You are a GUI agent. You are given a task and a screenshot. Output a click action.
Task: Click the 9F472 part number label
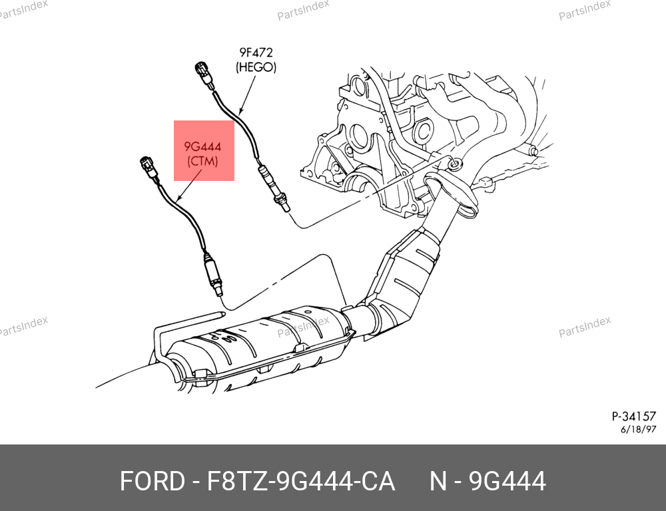coord(256,53)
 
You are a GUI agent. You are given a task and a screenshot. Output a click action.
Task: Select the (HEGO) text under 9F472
coord(256,67)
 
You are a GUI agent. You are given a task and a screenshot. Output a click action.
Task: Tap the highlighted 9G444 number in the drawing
coord(202,147)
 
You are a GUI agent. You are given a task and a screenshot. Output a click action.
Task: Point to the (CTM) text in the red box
coord(202,161)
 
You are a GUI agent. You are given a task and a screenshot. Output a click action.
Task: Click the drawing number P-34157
coord(634,417)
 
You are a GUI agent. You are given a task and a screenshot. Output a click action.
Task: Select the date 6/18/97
coord(639,429)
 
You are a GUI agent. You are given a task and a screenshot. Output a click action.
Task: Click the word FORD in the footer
coord(152,481)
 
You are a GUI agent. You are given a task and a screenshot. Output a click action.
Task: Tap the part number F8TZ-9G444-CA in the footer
coord(301,481)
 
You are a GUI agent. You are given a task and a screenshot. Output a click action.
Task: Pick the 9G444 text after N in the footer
coord(507,481)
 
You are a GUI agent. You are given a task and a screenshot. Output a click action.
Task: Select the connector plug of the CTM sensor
coord(147,167)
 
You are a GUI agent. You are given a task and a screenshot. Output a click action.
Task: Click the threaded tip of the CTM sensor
coord(218,289)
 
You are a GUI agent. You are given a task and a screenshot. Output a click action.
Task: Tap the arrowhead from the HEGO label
coord(240,111)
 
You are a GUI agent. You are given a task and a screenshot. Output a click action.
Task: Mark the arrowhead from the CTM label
coord(179,197)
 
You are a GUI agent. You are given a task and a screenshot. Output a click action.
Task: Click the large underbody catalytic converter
coord(259,346)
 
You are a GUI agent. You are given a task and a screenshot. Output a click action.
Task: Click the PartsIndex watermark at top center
coord(303,10)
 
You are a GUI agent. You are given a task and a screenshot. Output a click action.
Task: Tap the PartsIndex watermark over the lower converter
coord(303,327)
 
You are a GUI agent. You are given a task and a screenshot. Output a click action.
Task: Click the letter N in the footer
coord(438,481)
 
